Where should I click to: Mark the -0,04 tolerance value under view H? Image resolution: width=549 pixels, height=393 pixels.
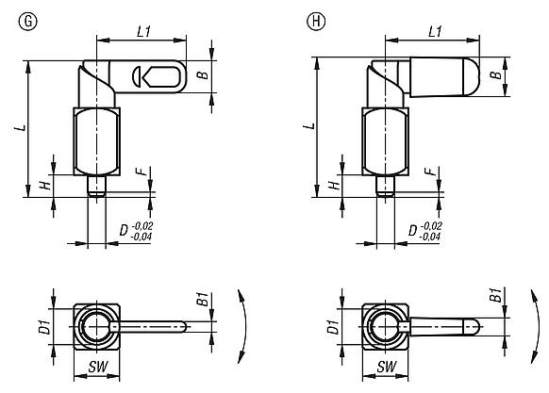(430, 237)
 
